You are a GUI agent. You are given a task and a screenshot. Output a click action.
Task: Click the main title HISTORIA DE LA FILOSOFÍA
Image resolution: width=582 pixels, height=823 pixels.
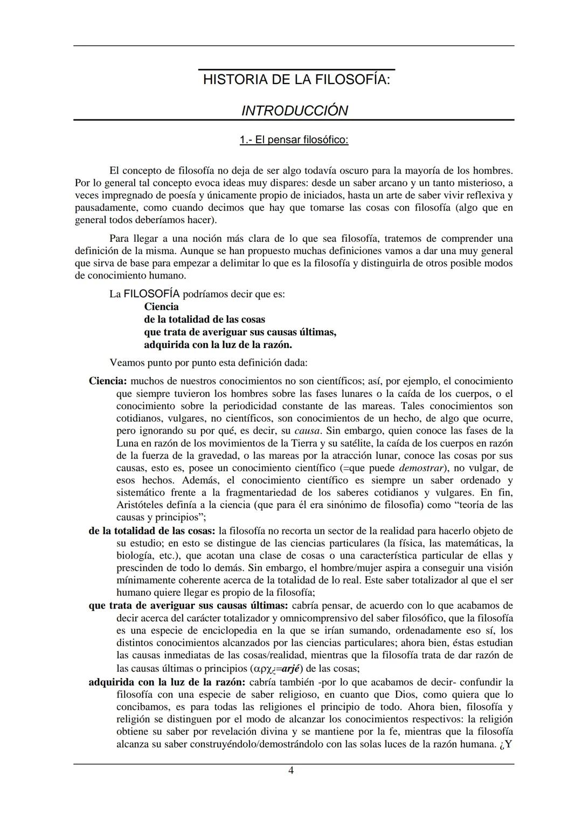click(296, 80)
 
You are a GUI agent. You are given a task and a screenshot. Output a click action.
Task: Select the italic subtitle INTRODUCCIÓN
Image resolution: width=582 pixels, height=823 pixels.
click(294, 111)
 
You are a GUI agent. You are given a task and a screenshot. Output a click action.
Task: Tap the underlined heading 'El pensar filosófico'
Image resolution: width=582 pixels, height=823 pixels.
click(294, 140)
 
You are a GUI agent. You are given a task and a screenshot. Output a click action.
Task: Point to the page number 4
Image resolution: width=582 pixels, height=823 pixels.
click(291, 771)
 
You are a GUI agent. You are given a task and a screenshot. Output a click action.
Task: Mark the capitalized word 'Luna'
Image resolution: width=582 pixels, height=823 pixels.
click(127, 443)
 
